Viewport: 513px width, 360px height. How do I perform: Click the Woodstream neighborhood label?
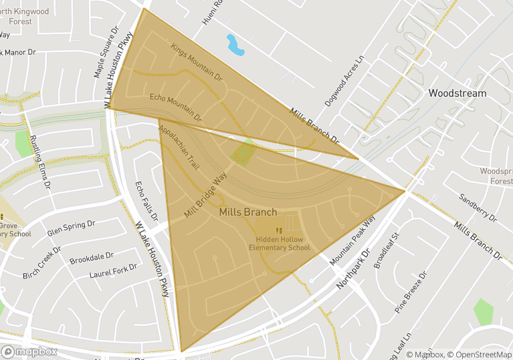click(457, 93)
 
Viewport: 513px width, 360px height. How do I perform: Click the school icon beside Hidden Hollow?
click(279, 230)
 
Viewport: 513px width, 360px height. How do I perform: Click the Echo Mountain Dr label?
click(176, 108)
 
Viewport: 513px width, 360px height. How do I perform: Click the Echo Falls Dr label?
click(146, 200)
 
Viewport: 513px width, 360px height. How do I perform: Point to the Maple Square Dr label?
click(105, 53)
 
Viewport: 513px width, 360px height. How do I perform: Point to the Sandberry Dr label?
click(478, 208)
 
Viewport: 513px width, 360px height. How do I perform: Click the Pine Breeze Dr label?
click(410, 293)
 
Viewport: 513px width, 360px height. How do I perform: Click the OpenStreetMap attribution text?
click(480, 355)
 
